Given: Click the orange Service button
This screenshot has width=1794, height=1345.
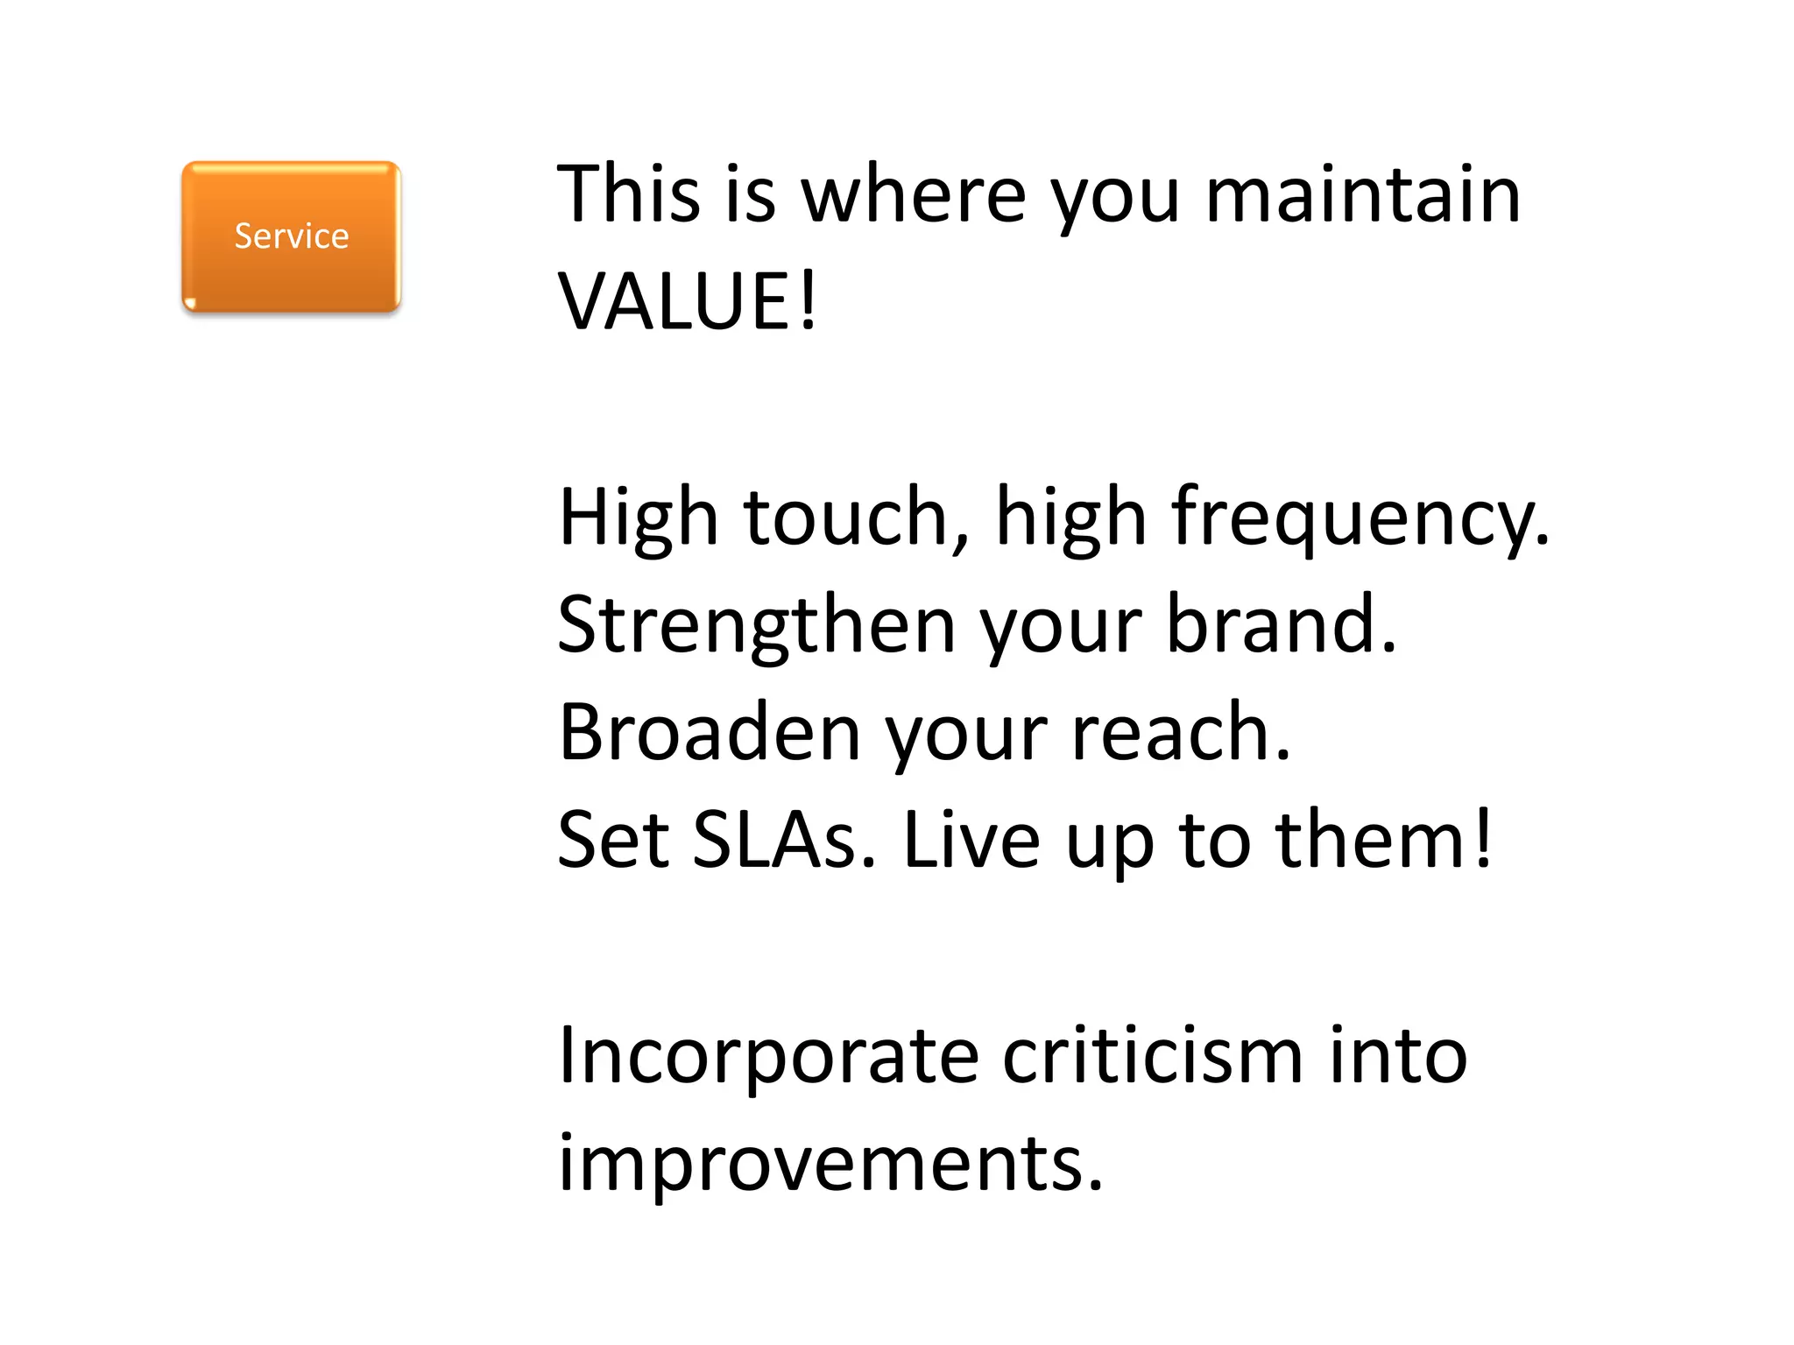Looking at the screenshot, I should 291,236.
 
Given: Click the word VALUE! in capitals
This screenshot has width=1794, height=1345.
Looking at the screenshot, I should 688,302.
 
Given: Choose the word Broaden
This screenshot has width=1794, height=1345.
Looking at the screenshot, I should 710,733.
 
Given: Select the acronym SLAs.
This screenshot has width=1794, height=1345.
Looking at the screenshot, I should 783,841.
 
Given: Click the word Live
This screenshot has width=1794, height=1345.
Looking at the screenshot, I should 971,841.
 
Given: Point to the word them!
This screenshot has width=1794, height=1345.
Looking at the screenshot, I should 1383,841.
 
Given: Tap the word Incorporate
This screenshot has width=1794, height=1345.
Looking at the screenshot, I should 767,1058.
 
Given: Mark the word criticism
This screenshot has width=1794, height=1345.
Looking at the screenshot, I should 1153,1056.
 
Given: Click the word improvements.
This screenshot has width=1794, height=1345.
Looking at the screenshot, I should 830,1165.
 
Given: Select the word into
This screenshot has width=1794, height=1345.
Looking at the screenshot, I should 1398,1056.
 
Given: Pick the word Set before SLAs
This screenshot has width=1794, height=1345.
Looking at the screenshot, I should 613,841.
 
